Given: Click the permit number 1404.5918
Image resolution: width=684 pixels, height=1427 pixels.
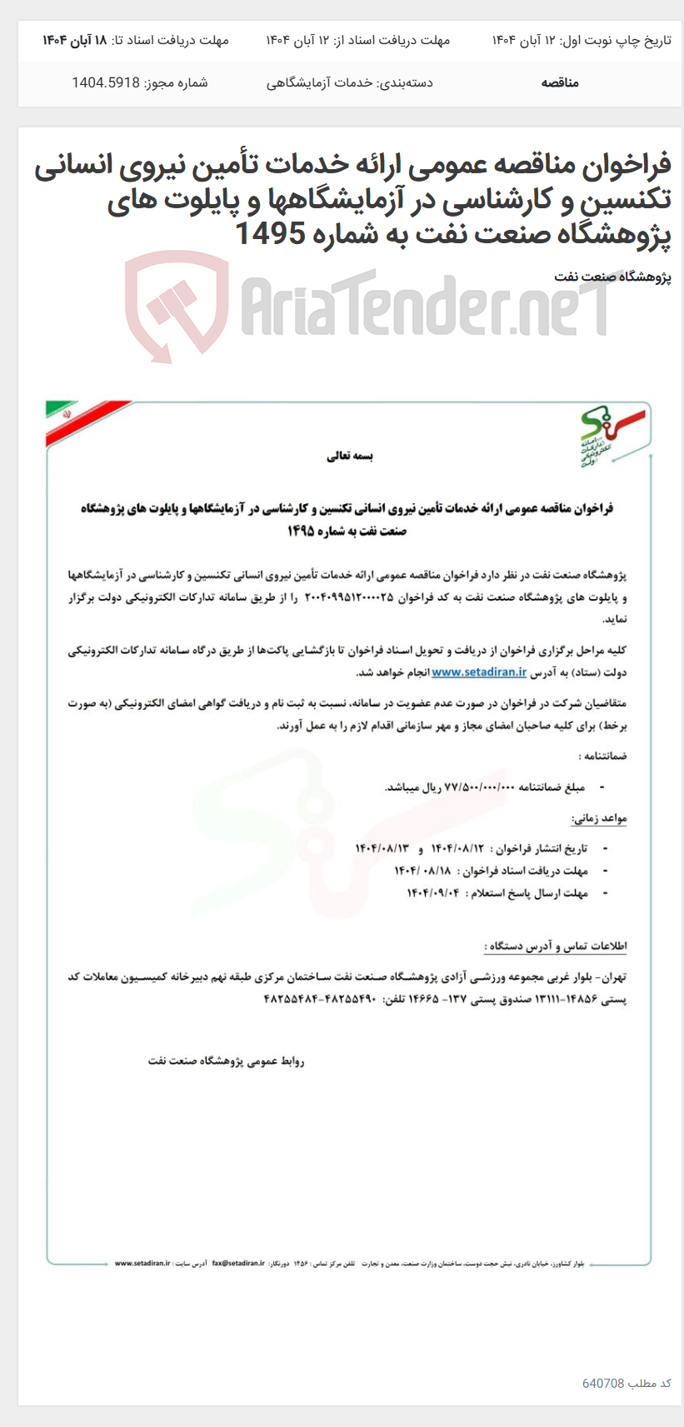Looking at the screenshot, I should coord(106,82).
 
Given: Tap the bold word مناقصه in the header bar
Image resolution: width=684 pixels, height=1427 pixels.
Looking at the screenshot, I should coord(560,82).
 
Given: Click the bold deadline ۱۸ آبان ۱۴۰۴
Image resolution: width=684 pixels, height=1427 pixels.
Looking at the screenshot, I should coord(76,40).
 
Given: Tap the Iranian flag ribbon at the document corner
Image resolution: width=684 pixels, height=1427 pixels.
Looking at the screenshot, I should coord(83,422).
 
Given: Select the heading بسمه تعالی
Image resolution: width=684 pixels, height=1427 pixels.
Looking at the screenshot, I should coord(350,457).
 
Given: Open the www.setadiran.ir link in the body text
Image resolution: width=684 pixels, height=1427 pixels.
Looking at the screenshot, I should coord(479,671).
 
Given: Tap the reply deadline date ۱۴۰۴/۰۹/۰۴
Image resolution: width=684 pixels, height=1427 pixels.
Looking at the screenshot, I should coord(433,893).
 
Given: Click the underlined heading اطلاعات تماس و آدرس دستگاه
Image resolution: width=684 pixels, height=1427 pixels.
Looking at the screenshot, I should coord(555,946).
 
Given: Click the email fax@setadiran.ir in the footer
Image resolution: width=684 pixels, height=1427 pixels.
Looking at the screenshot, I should coord(238,1263).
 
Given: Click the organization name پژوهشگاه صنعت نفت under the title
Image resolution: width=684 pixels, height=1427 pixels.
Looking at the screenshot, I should coord(612,277).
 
